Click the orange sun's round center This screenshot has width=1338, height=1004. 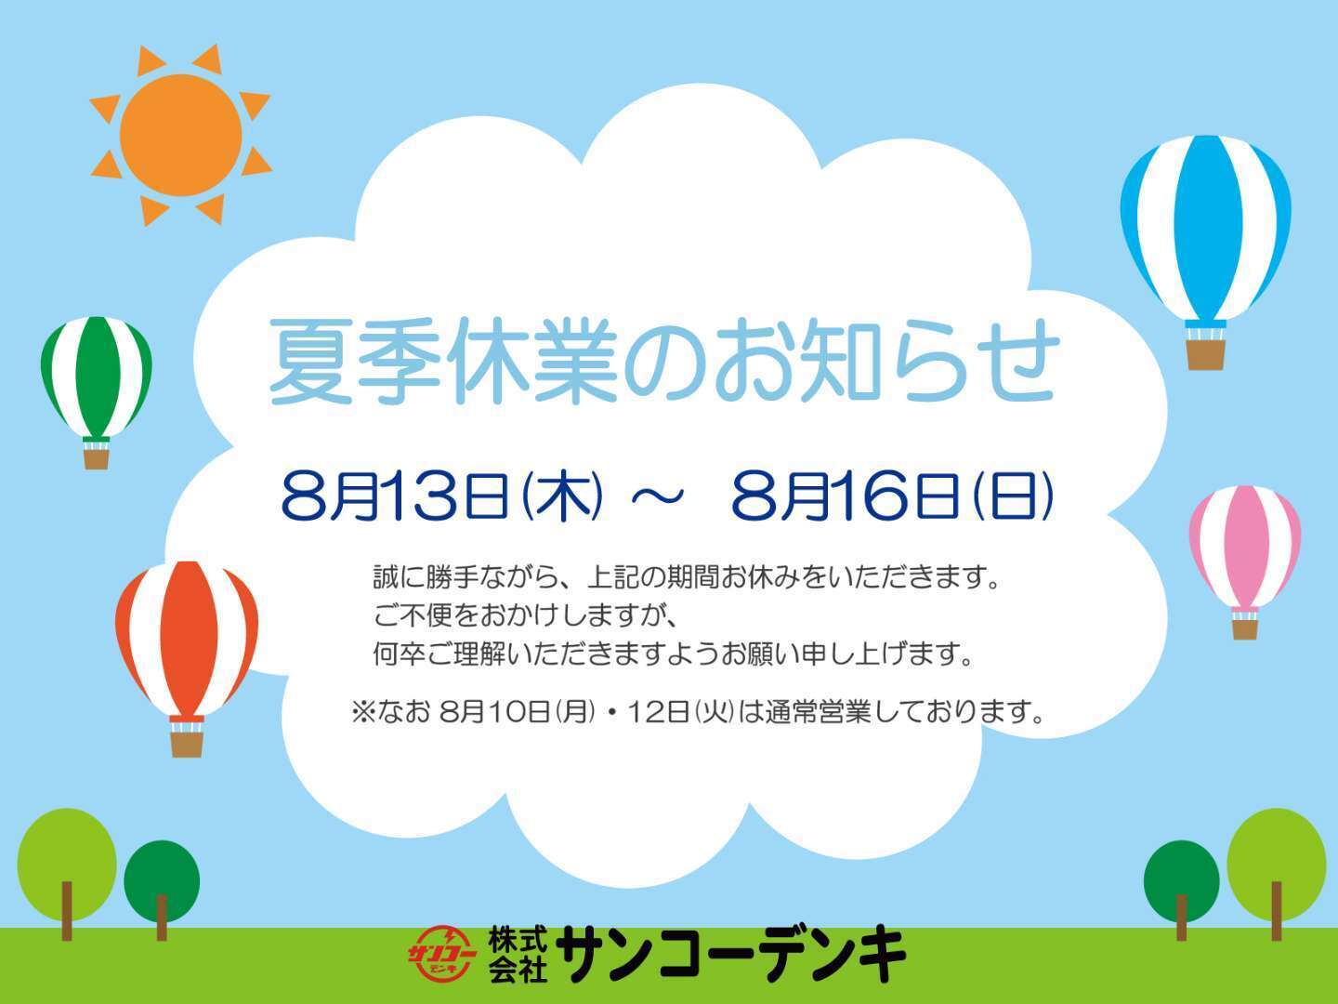click(180, 135)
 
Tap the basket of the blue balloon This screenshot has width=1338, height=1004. click(1205, 354)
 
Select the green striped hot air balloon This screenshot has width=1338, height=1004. click(97, 392)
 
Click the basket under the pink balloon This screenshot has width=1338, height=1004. click(1245, 629)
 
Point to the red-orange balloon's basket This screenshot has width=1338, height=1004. click(187, 745)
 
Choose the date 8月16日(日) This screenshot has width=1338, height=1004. click(892, 495)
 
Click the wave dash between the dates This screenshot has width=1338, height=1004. click(657, 496)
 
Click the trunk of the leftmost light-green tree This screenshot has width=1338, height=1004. click(67, 911)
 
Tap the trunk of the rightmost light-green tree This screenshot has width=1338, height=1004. click(1276, 911)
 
